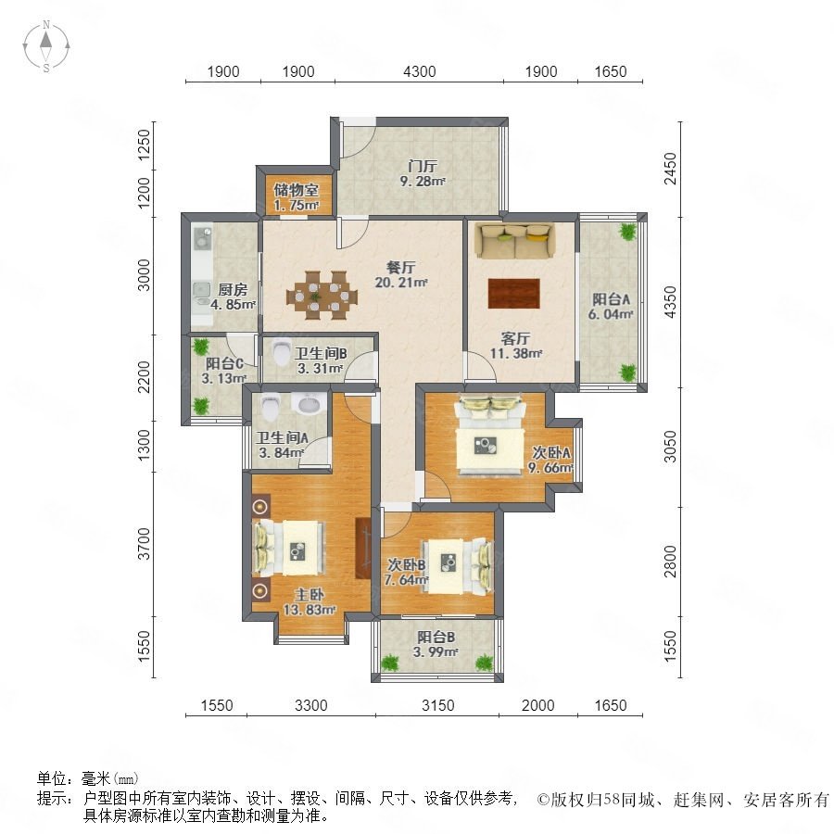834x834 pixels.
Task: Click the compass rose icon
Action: (46, 46)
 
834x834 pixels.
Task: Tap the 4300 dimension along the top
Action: (419, 71)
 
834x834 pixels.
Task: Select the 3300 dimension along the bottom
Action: (311, 705)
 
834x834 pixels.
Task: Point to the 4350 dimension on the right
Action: (670, 302)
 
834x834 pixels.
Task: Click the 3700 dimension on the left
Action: (144, 544)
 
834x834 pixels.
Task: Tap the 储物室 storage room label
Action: (297, 189)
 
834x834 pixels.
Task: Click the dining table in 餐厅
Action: (322, 296)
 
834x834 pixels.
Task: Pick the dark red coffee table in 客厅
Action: (513, 293)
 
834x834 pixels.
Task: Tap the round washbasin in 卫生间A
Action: (310, 404)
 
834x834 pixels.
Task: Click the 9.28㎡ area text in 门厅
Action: (423, 182)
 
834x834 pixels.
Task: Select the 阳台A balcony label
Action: (612, 299)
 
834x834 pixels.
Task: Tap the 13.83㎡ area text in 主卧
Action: (309, 610)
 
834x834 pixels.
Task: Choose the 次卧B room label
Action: (407, 564)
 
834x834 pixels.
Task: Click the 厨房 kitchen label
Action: (233, 290)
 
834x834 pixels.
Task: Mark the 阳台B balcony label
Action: (436, 638)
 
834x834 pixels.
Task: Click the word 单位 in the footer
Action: (52, 778)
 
